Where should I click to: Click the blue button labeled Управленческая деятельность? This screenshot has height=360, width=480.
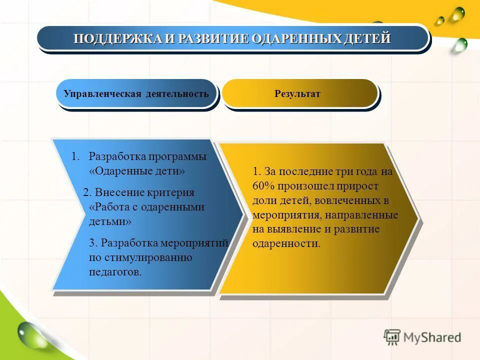click(136, 94)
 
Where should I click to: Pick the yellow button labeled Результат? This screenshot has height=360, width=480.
click(297, 94)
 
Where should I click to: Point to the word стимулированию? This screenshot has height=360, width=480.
click(148, 257)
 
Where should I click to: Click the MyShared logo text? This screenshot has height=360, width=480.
click(433, 337)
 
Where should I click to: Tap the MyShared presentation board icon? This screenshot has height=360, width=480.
click(392, 337)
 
